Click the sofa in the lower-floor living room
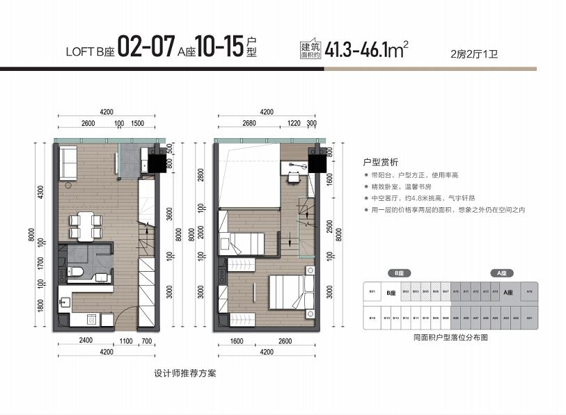68,163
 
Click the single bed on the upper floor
240,244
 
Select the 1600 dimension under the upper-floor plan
236,342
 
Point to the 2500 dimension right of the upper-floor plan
330,227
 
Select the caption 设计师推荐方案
185,373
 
